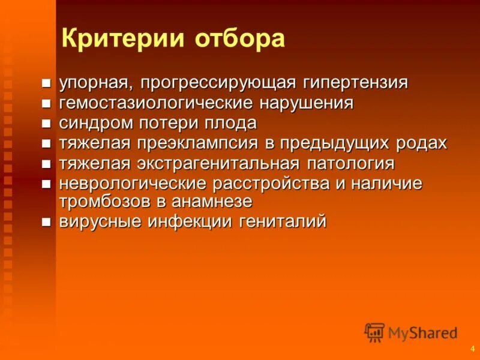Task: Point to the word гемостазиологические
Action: (x=158, y=103)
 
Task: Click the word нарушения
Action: (x=307, y=103)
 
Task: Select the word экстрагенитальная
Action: (x=218, y=164)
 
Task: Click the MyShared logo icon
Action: (x=374, y=332)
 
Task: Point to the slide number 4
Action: (x=472, y=349)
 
